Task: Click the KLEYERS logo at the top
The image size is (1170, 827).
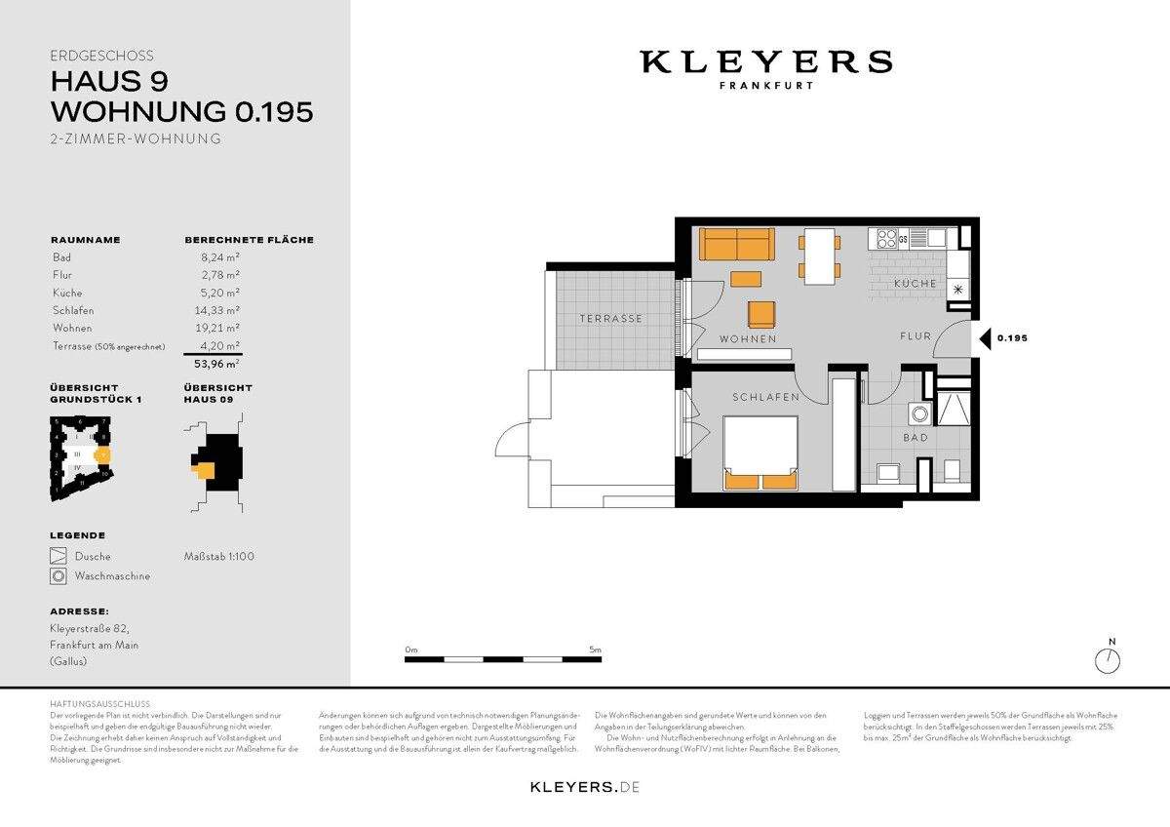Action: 765,62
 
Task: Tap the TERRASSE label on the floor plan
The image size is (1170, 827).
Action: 610,319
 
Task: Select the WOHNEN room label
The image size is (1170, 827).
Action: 748,339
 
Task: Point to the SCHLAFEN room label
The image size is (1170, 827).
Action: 766,398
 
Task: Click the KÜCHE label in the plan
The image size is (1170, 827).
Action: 916,284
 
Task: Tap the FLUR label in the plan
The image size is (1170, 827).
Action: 916,336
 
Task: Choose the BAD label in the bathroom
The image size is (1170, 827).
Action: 916,438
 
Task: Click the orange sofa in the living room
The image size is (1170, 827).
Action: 736,243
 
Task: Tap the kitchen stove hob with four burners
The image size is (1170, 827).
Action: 888,237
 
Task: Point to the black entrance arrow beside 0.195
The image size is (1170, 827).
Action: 986,339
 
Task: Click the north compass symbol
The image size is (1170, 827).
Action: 1109,660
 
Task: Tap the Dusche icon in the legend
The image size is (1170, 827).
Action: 58,557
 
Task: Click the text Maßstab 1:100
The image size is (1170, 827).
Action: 219,556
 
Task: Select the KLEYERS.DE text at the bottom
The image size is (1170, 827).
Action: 584,786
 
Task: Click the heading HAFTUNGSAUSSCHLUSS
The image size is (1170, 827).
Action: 99,703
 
